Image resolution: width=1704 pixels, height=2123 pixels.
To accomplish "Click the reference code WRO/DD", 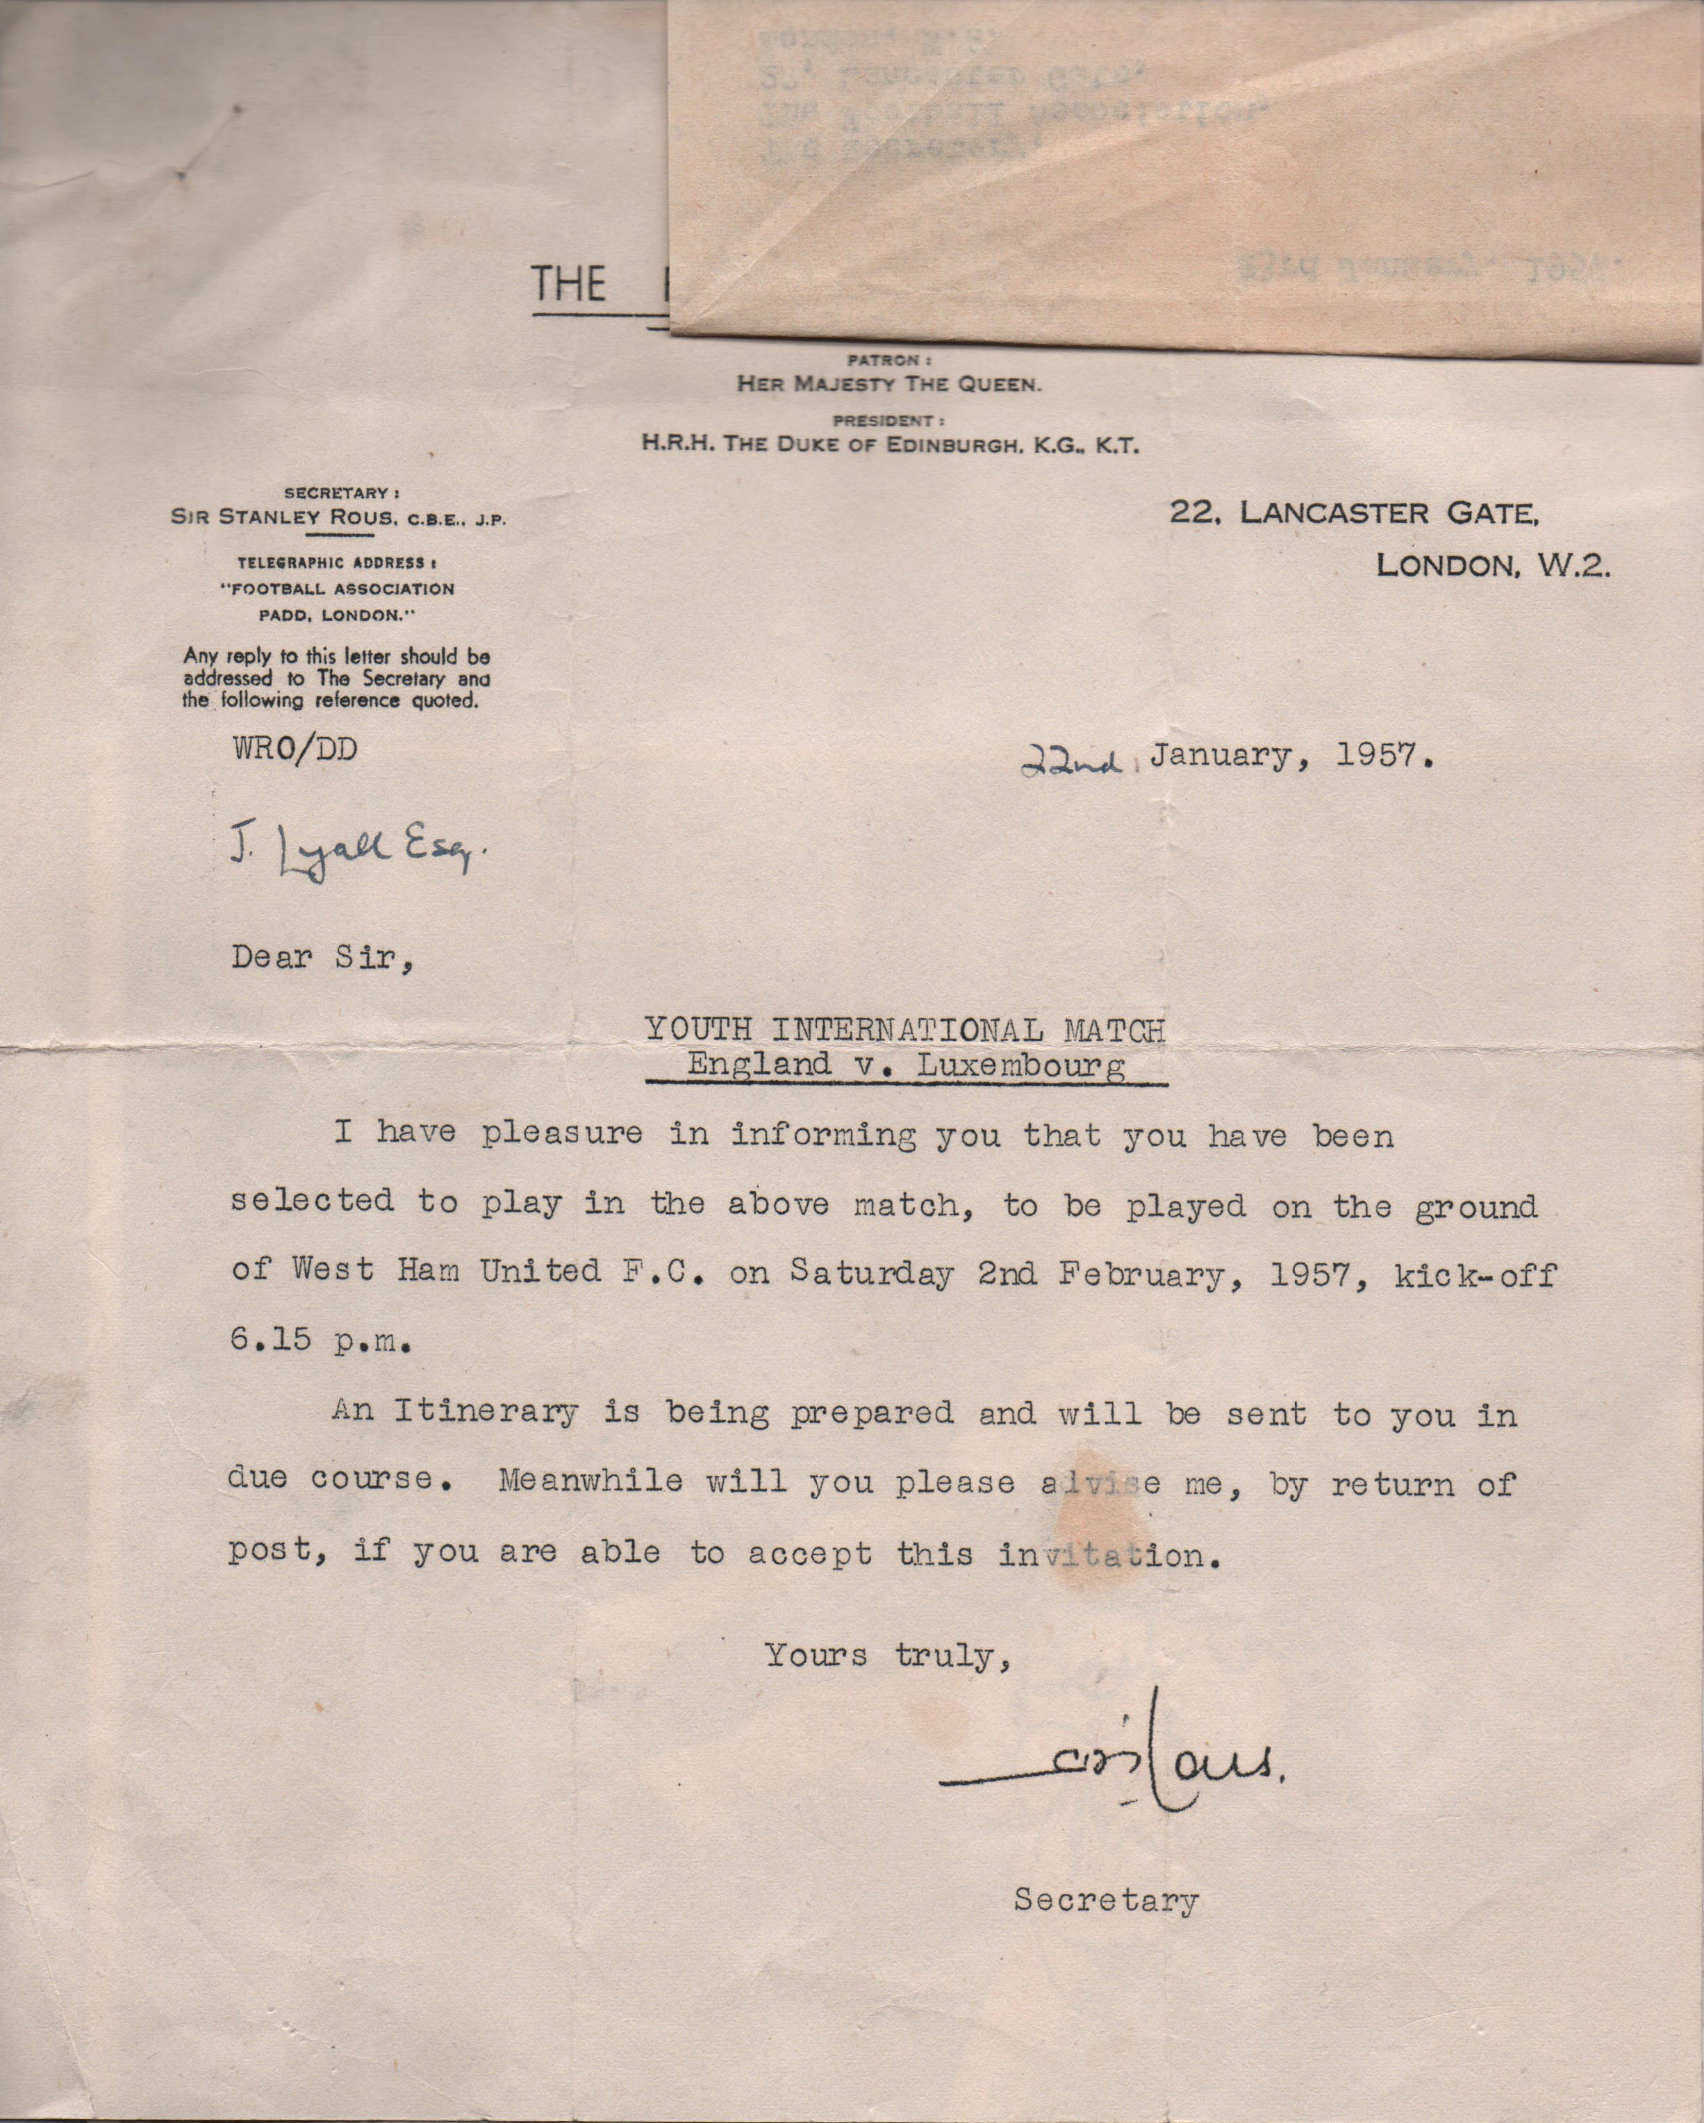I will (295, 749).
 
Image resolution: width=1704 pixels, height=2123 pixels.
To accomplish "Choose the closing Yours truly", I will (888, 1655).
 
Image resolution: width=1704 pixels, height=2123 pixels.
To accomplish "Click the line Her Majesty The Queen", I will (888, 385).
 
